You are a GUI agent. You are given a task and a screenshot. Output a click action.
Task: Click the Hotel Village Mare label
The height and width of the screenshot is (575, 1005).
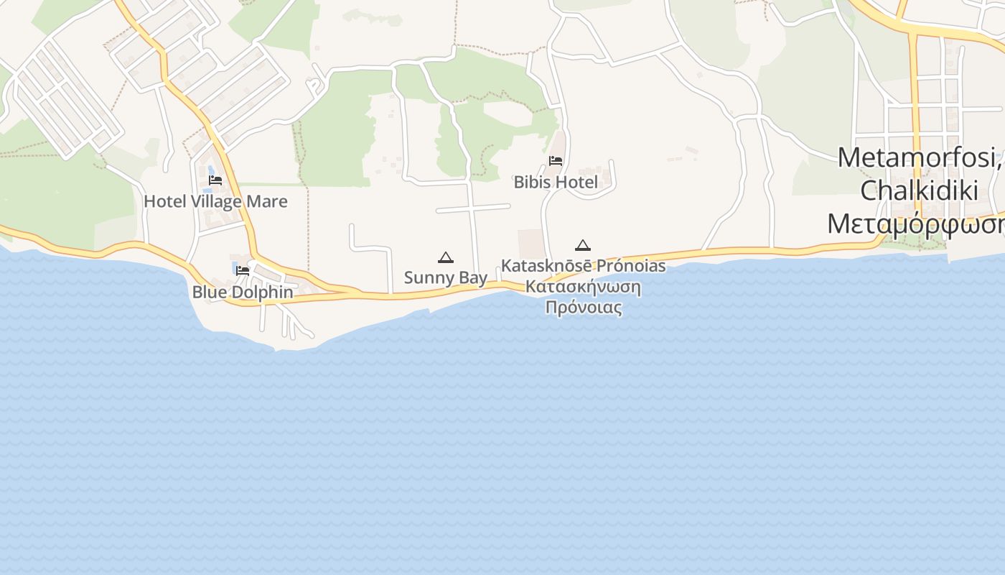click(x=215, y=201)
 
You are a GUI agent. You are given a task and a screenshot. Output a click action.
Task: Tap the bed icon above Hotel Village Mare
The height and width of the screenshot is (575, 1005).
click(x=215, y=180)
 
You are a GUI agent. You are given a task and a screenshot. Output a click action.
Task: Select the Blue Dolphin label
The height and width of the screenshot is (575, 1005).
click(x=243, y=293)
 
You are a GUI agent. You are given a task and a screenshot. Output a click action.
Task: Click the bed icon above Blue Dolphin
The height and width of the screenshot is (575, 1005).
click(x=243, y=271)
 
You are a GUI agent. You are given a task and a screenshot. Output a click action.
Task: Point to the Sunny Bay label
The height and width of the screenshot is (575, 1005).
click(x=446, y=277)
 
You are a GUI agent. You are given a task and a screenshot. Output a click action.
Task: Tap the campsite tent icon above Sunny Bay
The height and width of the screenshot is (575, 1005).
click(x=446, y=257)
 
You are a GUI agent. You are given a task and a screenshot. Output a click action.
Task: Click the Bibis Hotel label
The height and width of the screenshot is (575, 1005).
click(x=556, y=182)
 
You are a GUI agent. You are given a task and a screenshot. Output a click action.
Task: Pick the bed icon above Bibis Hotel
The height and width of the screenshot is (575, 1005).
click(x=556, y=161)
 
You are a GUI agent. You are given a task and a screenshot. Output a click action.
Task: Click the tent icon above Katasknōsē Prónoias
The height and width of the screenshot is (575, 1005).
click(x=583, y=246)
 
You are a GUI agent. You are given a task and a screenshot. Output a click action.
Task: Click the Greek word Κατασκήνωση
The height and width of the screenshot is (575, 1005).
click(x=583, y=287)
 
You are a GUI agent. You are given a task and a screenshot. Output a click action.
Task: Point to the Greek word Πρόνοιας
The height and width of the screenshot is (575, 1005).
click(x=583, y=308)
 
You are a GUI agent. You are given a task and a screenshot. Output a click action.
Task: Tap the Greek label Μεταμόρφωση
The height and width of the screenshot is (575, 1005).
click(x=916, y=224)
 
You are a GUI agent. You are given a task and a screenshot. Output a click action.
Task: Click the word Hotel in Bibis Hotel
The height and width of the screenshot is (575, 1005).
click(x=576, y=182)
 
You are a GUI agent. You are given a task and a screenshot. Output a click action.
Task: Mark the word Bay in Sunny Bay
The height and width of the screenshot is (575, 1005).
click(x=473, y=277)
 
